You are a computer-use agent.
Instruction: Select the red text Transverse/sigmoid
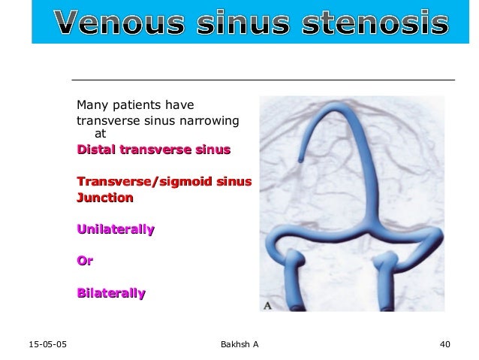point(145,182)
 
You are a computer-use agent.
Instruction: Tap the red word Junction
point(105,198)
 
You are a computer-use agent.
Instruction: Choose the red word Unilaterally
point(116,228)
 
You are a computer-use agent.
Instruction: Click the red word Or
point(85,261)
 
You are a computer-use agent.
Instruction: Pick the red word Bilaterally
point(111,293)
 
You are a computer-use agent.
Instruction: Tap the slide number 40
point(444,345)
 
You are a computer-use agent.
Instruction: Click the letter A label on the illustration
point(267,305)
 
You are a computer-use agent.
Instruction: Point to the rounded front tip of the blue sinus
point(300,159)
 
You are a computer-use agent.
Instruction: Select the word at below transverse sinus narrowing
point(100,135)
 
